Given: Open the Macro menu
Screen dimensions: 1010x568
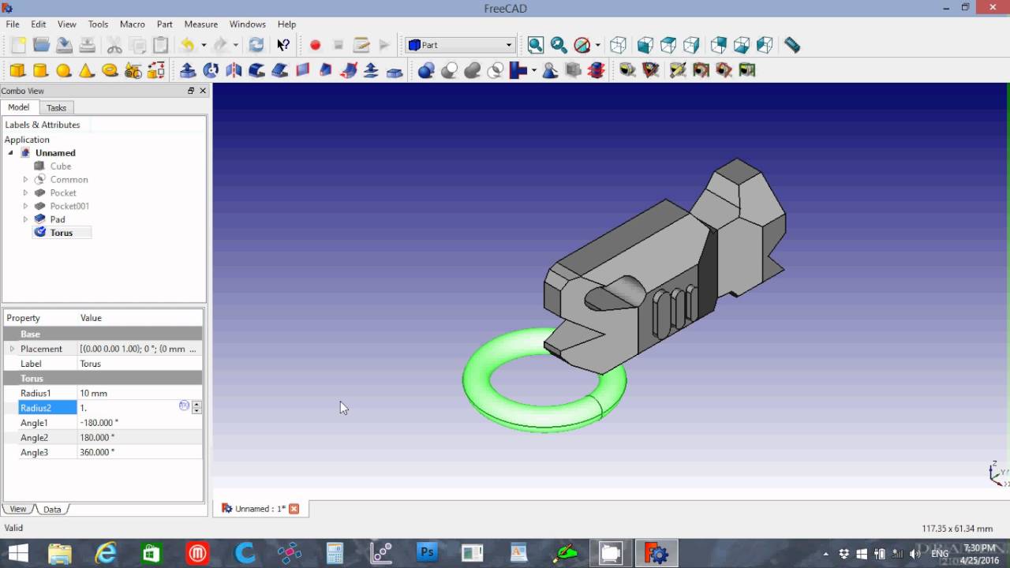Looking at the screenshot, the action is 132,24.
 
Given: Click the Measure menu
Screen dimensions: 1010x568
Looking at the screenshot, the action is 201,24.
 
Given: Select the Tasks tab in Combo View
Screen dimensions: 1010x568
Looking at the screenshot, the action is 56,108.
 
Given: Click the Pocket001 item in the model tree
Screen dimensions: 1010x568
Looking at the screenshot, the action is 69,206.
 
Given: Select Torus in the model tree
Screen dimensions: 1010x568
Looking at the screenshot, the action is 62,233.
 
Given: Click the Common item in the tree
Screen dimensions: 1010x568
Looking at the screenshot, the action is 69,179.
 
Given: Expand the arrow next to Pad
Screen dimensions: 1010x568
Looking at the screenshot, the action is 26,219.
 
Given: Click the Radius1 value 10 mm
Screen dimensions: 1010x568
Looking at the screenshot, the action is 93,393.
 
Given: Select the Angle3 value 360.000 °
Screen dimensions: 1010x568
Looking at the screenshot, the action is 97,452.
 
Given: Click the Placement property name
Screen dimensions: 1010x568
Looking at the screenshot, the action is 41,349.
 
